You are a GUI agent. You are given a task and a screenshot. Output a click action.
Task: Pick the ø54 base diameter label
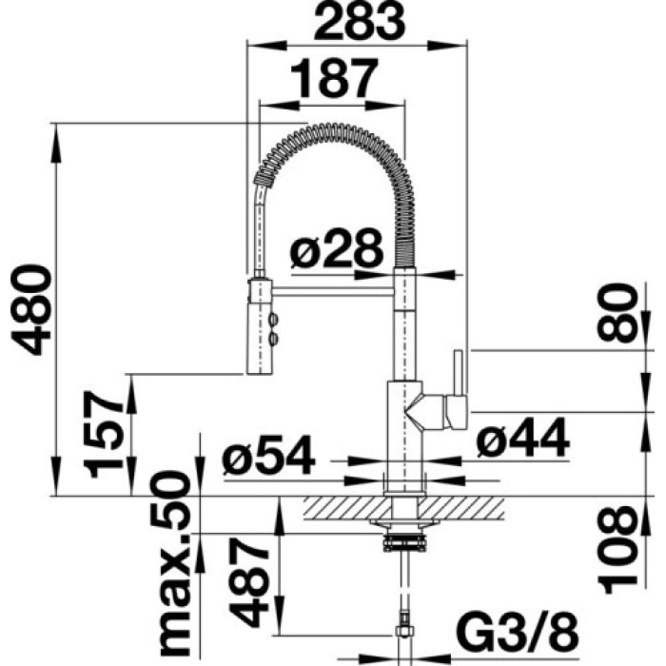268,460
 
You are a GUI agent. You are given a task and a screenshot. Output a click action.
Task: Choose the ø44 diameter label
522,441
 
